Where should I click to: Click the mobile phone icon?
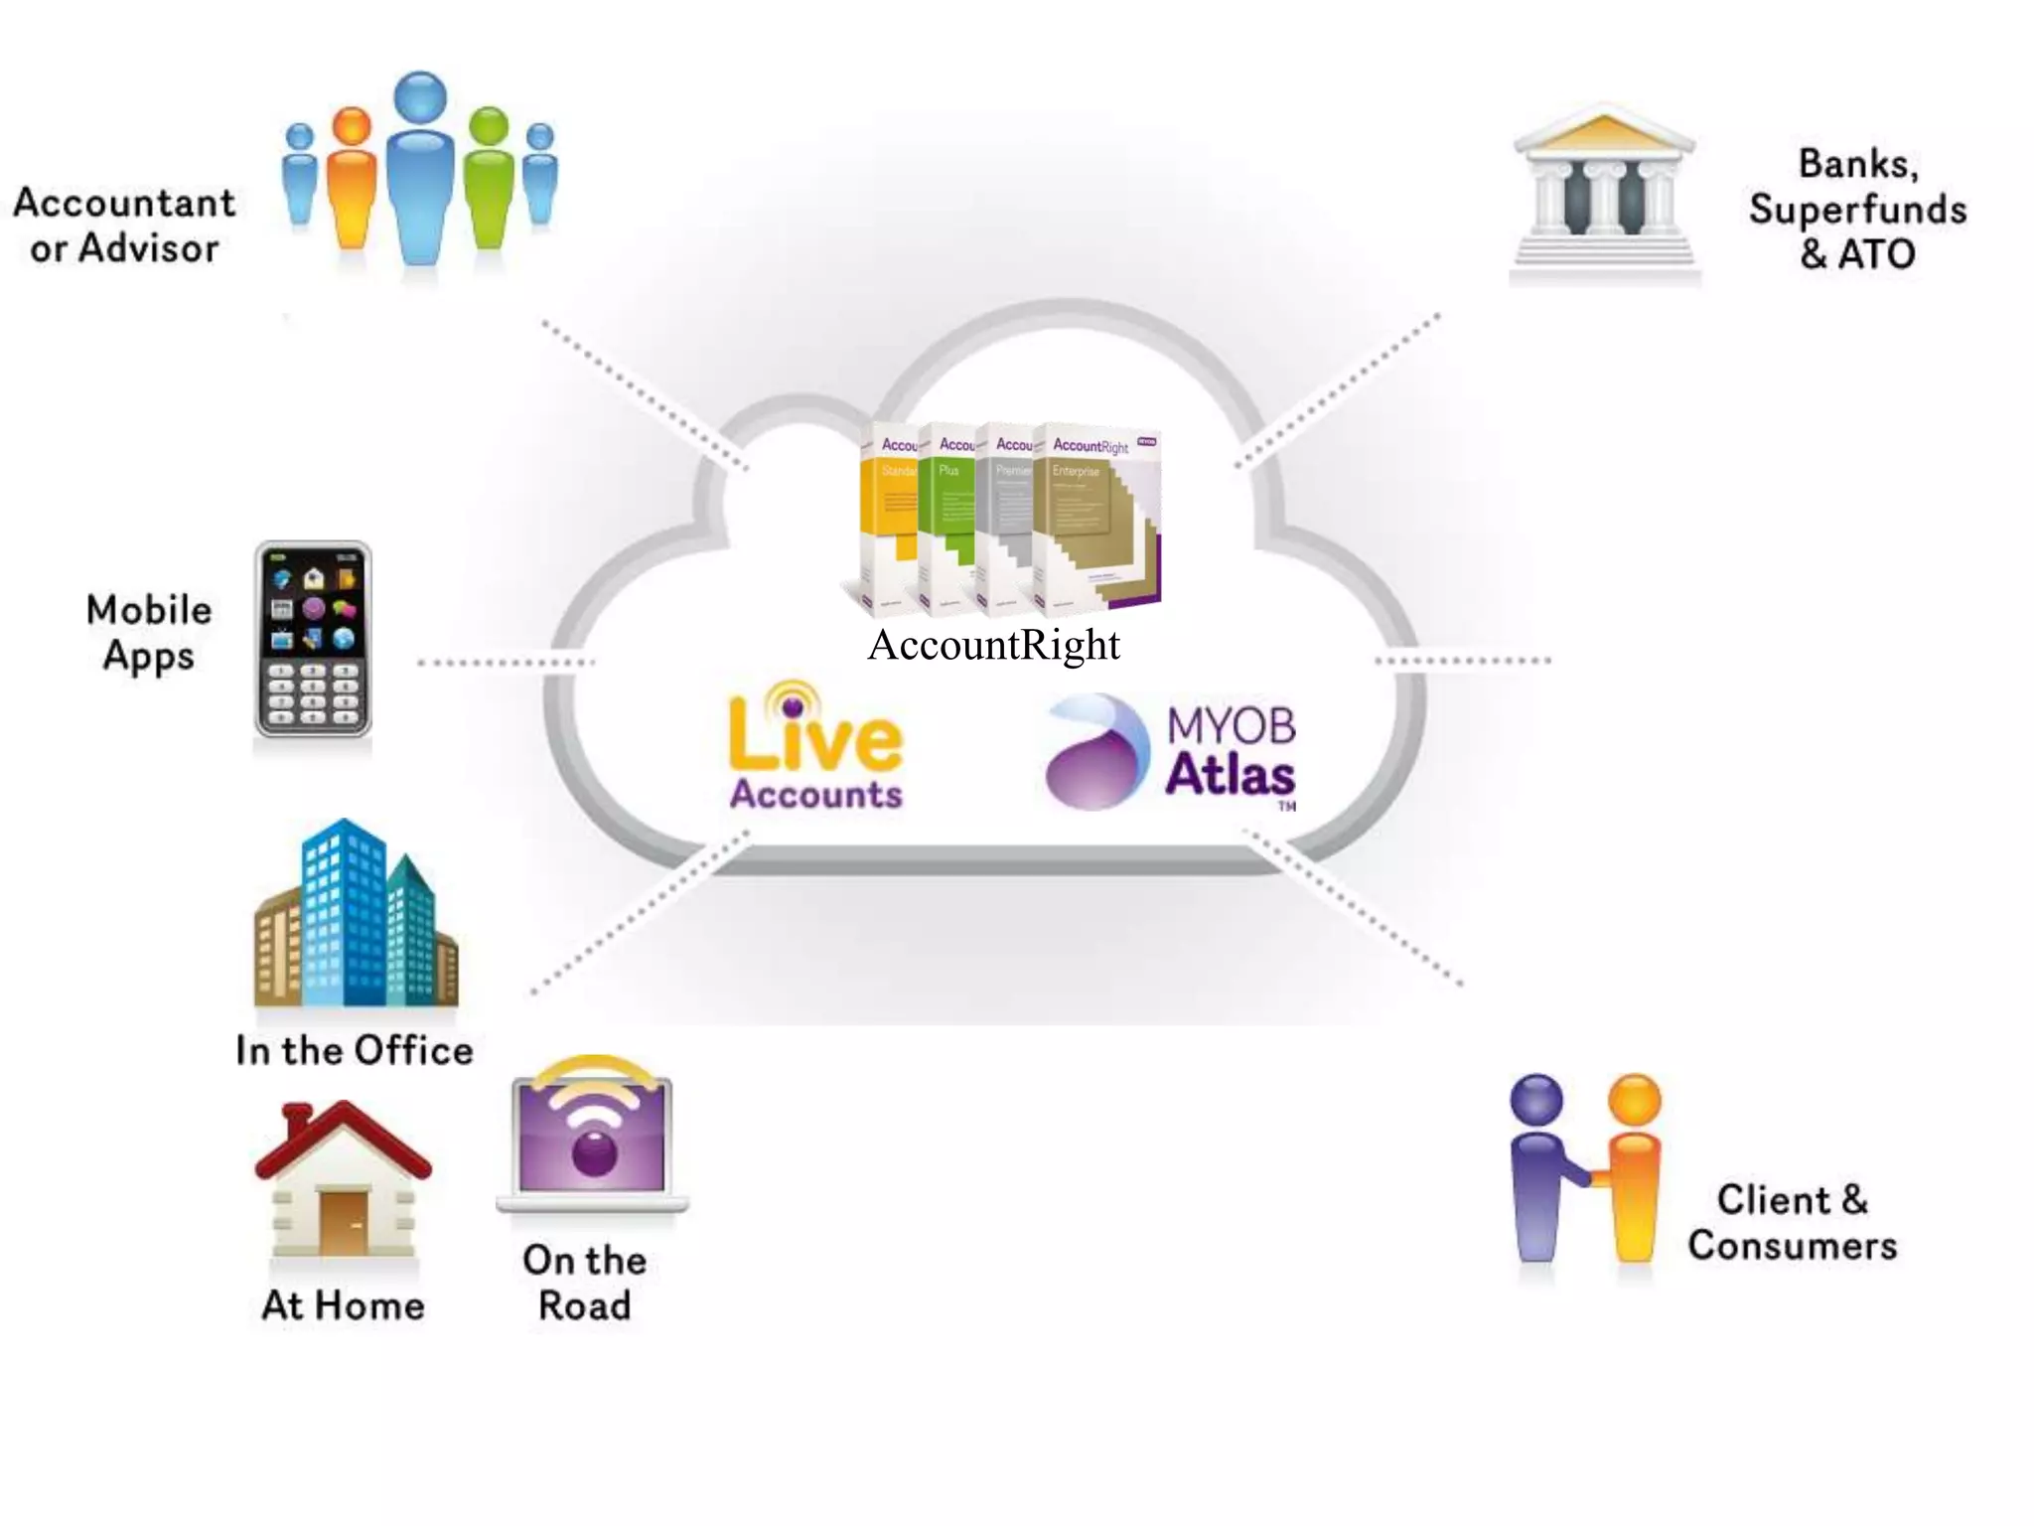pyautogui.click(x=313, y=640)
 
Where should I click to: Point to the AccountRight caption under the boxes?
pyautogui.click(x=993, y=645)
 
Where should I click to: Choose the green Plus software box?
pyautogui.click(x=946, y=517)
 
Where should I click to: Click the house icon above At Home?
pyautogui.click(x=343, y=1182)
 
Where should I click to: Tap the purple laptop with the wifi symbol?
pyautogui.click(x=593, y=1138)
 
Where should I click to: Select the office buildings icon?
pyautogui.click(x=356, y=914)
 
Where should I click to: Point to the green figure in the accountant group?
pyautogui.click(x=489, y=179)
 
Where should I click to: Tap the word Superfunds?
pyautogui.click(x=1857, y=210)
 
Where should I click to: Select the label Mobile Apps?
pyautogui.click(x=149, y=633)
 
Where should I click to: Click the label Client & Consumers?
pyautogui.click(x=1792, y=1223)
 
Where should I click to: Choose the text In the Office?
pyautogui.click(x=355, y=1051)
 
